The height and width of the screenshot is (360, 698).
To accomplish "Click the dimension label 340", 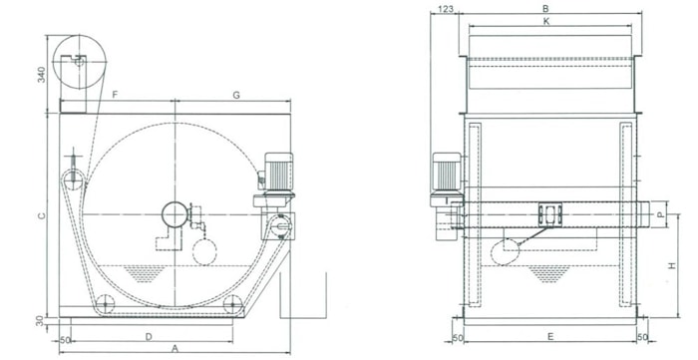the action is coord(42,75).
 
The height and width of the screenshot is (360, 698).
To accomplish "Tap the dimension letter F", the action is coord(115,95).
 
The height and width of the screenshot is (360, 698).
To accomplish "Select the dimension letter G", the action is coord(236,95).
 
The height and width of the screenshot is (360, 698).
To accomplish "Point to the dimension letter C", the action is coord(42,215).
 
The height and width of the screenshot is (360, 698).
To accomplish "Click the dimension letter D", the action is coord(150,337).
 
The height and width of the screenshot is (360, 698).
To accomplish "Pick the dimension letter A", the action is coord(174,349).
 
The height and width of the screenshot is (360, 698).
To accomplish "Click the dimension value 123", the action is coord(445,8).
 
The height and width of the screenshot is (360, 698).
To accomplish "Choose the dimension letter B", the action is coord(545,8).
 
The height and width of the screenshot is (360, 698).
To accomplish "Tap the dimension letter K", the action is coord(546,21).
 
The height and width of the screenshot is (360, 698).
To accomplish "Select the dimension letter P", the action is coord(661,214).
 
